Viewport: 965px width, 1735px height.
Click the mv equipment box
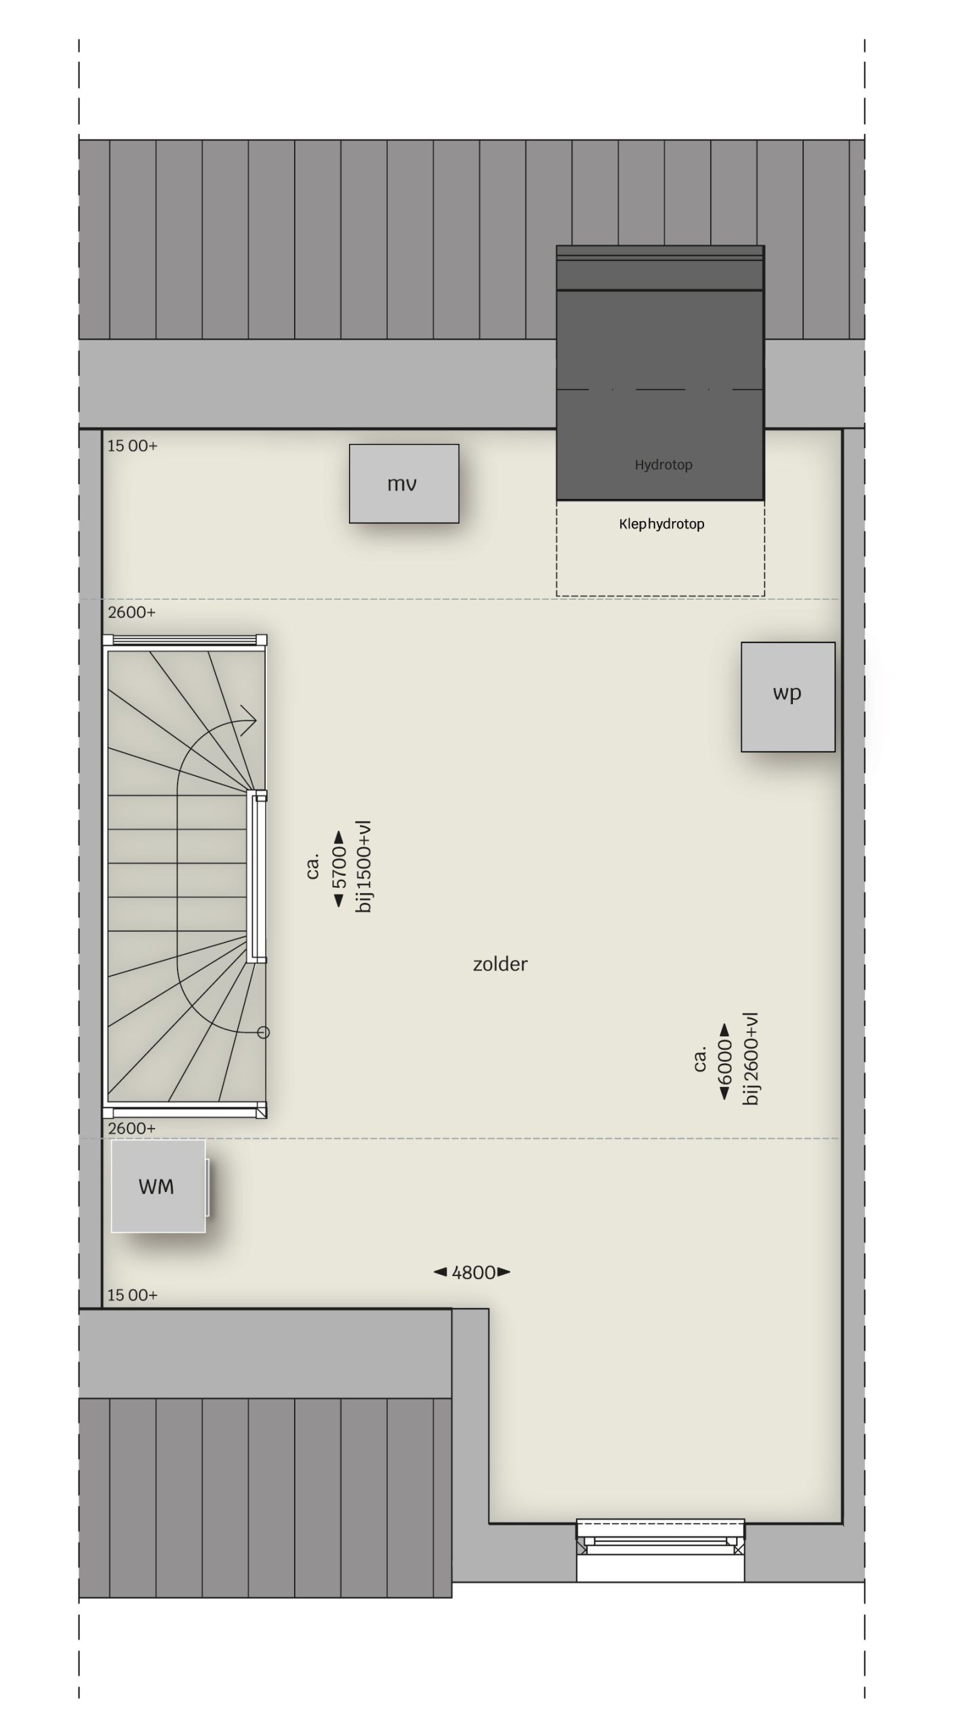pos(404,483)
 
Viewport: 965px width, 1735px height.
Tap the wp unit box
pos(787,697)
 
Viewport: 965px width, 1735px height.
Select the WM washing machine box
pos(159,1186)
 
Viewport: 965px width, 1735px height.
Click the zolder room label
pos(500,964)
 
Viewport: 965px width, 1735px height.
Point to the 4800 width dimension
pos(472,1272)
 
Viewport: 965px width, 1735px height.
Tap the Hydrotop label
pos(663,465)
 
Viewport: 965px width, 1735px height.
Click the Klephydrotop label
pos(661,524)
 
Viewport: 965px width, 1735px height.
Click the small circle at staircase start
pos(264,1032)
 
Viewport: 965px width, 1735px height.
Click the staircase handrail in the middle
pos(256,876)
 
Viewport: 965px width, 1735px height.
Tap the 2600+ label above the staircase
pos(131,612)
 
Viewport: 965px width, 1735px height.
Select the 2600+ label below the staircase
pos(131,1128)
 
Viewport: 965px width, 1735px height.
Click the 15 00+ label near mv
pos(133,445)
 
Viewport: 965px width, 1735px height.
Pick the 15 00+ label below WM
pos(133,1295)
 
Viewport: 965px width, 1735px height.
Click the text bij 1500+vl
pos(364,867)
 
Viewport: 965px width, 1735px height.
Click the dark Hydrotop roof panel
pos(661,373)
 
